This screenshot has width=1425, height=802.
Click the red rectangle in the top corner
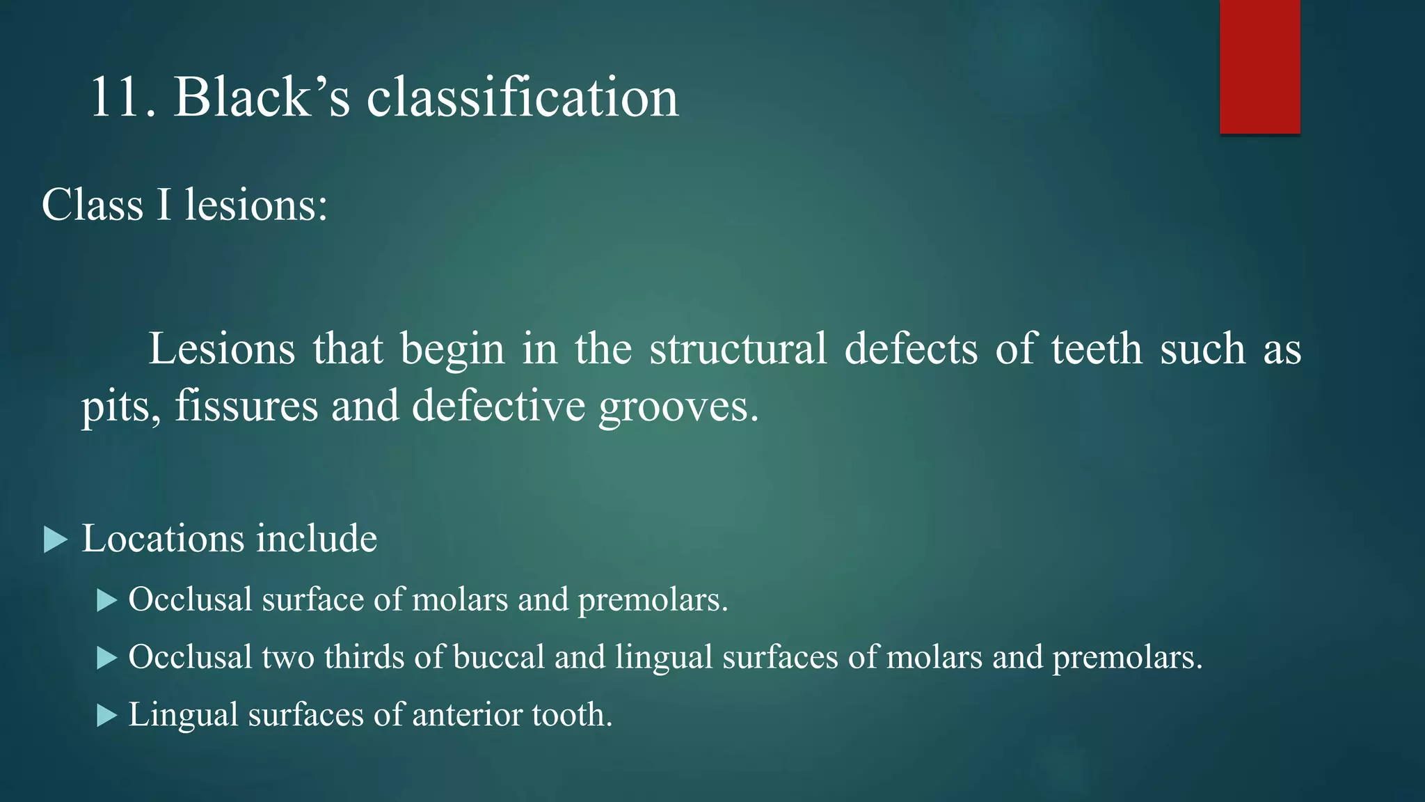(1259, 67)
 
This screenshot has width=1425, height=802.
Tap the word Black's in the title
(262, 97)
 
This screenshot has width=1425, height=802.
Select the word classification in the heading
(522, 97)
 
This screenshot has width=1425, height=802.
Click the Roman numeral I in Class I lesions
(164, 205)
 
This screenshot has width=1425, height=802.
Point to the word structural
(738, 349)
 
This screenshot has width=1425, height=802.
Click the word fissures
(246, 406)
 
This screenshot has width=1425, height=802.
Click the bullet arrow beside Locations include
(56, 540)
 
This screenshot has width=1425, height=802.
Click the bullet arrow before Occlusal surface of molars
(107, 600)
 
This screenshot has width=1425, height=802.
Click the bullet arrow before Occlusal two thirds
(107, 658)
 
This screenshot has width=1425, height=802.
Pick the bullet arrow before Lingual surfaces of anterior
(107, 715)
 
